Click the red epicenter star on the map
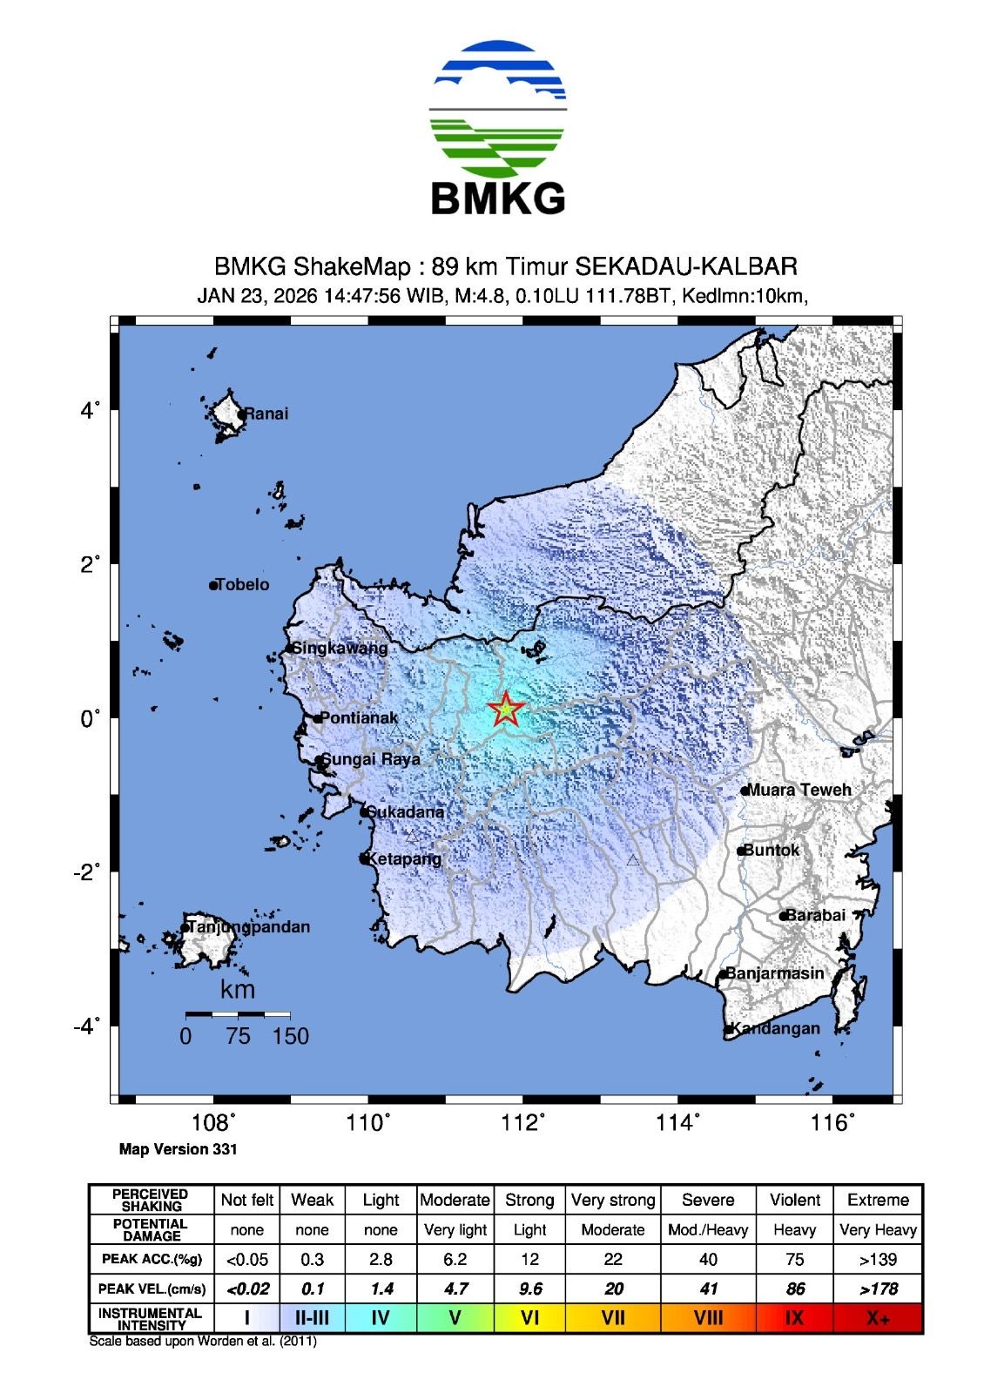505,710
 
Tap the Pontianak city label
358,718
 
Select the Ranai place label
266,414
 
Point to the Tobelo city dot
213,585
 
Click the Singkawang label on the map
339,649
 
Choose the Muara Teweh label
799,790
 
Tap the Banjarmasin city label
774,973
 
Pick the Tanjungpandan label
248,927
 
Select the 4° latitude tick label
91,410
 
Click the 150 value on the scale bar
290,1036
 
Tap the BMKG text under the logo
498,199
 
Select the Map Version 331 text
178,1149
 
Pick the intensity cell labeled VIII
708,1318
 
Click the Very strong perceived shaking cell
613,1200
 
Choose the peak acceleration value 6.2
455,1259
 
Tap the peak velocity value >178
878,1289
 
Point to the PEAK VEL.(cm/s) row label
151,1289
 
